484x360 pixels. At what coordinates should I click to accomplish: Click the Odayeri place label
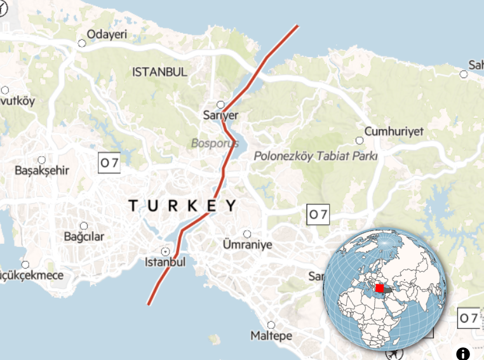107,34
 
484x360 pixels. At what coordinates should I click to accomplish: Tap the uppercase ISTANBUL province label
159,72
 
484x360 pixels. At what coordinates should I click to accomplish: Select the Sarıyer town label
220,115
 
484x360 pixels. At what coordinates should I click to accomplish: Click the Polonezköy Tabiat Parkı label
315,156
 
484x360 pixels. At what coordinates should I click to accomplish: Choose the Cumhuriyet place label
393,131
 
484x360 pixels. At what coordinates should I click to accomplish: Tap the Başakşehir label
42,170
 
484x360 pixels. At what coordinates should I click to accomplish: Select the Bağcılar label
83,237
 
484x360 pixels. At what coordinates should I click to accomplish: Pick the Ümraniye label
248,244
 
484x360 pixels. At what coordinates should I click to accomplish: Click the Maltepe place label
271,335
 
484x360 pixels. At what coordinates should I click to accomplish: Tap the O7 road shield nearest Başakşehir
109,163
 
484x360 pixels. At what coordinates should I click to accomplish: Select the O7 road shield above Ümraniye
318,215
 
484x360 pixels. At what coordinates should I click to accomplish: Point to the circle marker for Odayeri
81,43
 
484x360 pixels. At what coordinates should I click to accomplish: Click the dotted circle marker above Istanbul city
166,251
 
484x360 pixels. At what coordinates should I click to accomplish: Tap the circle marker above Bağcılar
84,226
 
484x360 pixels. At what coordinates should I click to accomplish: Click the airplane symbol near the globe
398,351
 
